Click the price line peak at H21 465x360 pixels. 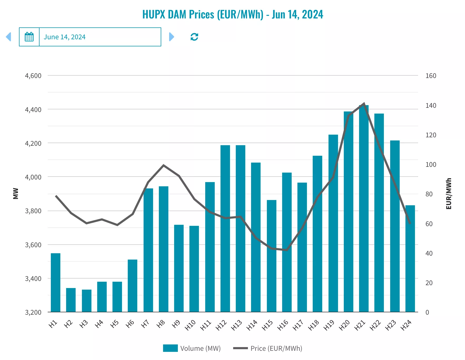point(364,104)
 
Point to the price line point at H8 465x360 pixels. point(164,165)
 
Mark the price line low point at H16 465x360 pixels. point(287,250)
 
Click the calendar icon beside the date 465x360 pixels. point(29,37)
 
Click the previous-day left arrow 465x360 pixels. point(9,37)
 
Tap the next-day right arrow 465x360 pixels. point(172,37)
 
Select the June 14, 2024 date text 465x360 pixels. point(65,37)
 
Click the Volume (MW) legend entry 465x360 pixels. point(192,348)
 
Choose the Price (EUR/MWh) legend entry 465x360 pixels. point(268,348)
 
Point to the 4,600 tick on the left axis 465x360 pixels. point(33,76)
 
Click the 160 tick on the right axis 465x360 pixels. point(431,76)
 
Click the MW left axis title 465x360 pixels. point(16,193)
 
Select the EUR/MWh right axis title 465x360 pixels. point(449,193)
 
